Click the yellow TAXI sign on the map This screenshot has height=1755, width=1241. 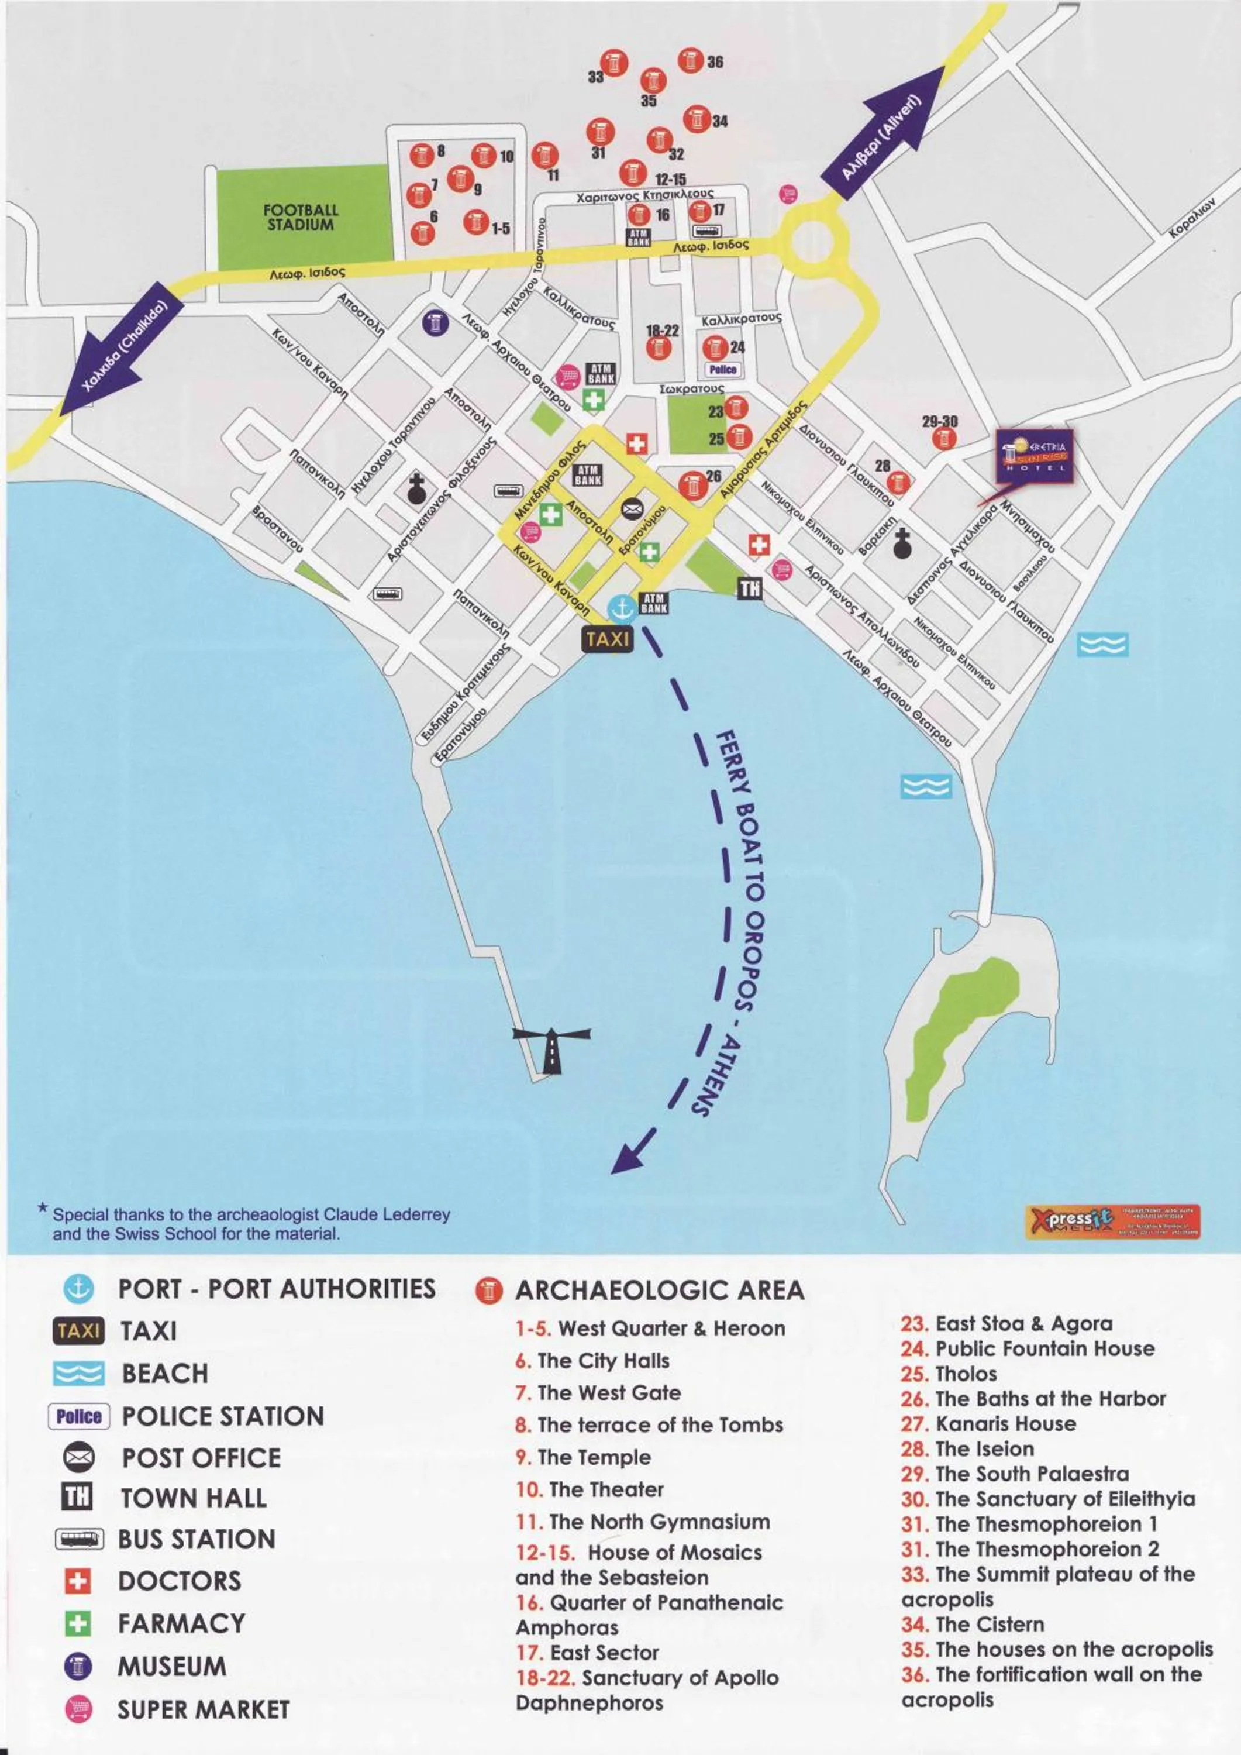click(608, 638)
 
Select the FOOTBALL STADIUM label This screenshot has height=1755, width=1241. click(301, 217)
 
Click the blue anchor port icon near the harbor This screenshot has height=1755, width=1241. click(621, 608)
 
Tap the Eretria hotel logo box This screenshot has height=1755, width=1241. click(1035, 456)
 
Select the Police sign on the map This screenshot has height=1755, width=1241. click(722, 369)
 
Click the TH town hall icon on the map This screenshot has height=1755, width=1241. click(750, 588)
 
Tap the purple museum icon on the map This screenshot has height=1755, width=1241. click(435, 322)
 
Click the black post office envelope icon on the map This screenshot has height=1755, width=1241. click(632, 508)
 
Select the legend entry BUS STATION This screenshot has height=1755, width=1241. click(197, 1539)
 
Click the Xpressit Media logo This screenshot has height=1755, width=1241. click(1112, 1221)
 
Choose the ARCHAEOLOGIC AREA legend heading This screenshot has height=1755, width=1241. click(659, 1291)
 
